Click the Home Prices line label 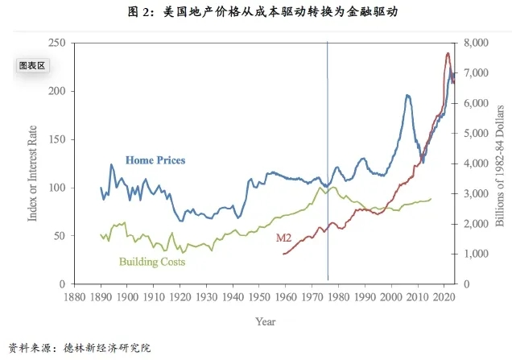[x=155, y=160]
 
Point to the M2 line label [x=283, y=238]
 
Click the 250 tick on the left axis [x=56, y=43]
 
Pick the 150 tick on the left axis [x=56, y=139]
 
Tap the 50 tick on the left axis [x=58, y=236]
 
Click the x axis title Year [x=265, y=321]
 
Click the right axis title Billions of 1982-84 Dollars [x=499, y=163]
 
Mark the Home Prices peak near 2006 [x=407, y=95]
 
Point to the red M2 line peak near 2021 [x=448, y=53]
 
